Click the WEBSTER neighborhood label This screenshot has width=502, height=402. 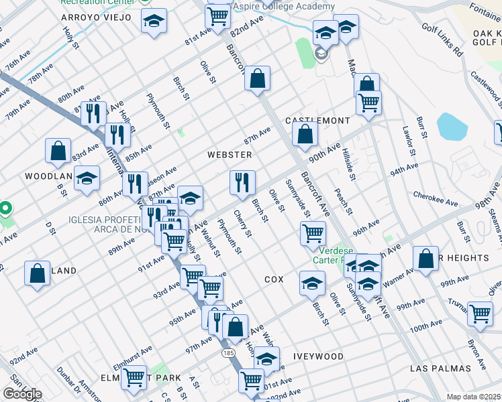click(x=230, y=155)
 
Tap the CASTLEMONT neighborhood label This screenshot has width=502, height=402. click(x=317, y=121)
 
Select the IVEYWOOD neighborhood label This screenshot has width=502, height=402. click(x=319, y=356)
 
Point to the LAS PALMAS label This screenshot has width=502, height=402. click(x=438, y=369)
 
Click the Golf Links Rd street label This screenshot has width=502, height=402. click(x=443, y=41)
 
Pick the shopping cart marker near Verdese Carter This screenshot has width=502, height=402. click(x=313, y=232)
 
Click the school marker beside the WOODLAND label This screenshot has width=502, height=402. click(x=87, y=178)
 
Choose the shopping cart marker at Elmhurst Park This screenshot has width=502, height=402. click(x=134, y=378)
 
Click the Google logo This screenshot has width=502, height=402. click(x=21, y=394)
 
